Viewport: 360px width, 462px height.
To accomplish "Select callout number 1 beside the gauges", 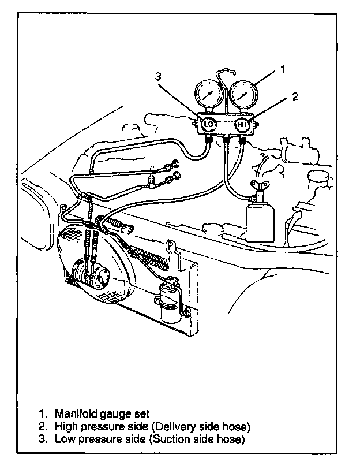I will tap(283, 69).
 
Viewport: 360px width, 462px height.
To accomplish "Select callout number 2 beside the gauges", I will tap(295, 97).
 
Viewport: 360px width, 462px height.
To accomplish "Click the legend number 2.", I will tap(43, 427).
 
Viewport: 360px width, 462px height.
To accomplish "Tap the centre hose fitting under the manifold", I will tap(226, 140).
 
